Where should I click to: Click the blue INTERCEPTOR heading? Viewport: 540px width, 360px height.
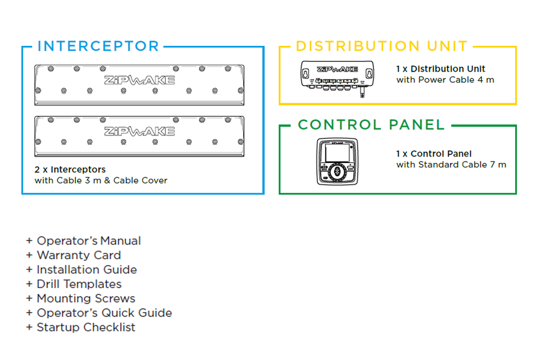coord(98,46)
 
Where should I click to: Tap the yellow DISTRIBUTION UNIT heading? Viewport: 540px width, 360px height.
coord(381,46)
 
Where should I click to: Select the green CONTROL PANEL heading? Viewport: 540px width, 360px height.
coord(371,125)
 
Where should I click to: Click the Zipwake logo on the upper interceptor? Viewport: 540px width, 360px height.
coord(139,80)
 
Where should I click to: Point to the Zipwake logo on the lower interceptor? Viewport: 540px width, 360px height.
coord(139,131)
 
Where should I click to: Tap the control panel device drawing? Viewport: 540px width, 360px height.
coord(336,161)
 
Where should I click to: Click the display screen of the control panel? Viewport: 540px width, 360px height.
coord(336,154)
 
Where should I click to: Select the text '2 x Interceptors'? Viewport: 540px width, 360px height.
coord(70,170)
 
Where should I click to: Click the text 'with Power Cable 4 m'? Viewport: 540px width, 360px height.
coord(445,80)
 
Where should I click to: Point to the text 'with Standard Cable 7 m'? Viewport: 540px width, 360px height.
coord(451,165)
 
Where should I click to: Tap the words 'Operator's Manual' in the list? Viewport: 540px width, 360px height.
coord(89,241)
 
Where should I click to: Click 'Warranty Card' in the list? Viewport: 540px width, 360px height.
coord(79,255)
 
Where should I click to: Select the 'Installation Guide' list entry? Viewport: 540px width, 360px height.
coord(86,270)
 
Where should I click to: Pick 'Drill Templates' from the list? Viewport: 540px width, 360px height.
coord(79,284)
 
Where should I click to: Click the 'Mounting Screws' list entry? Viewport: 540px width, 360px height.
coord(86,298)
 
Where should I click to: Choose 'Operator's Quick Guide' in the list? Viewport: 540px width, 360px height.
coord(104,313)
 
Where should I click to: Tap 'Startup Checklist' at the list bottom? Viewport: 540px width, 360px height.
coord(86,327)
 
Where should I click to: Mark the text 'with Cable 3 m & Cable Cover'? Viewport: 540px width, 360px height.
coord(101,181)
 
